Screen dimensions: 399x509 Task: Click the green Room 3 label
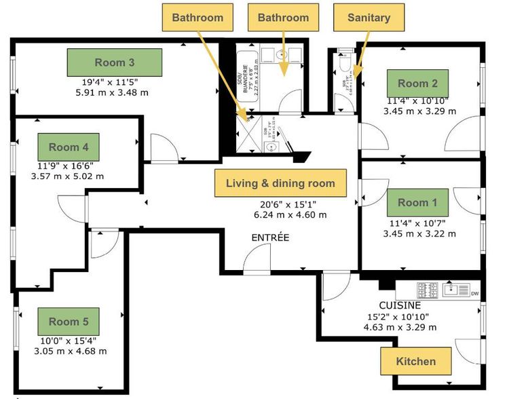point(114,62)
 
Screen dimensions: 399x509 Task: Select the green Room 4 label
point(69,147)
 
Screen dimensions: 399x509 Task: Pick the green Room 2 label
point(417,83)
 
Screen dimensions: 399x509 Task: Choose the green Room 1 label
point(417,202)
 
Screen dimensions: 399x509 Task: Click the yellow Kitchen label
point(415,360)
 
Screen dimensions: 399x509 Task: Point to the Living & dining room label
point(280,183)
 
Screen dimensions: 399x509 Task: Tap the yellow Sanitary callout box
point(369,18)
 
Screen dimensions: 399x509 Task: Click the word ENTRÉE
point(270,237)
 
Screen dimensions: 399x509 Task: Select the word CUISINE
point(400,305)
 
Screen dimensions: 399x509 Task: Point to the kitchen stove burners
point(427,290)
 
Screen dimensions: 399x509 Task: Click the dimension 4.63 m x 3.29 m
point(400,326)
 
